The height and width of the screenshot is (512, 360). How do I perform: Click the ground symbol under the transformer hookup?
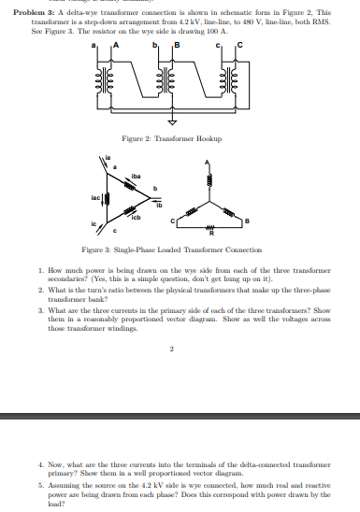click(x=172, y=121)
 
